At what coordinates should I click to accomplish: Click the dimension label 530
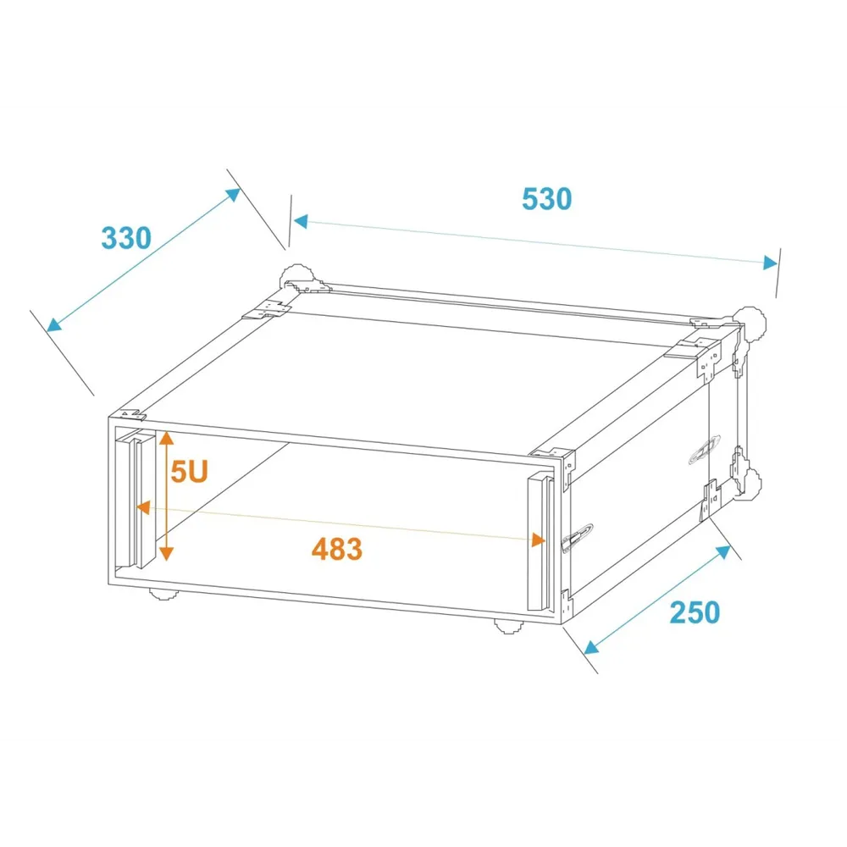pyautogui.click(x=546, y=199)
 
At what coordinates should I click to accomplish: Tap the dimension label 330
pyautogui.click(x=126, y=238)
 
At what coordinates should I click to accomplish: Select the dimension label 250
pyautogui.click(x=695, y=612)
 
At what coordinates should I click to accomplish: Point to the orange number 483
pyautogui.click(x=337, y=550)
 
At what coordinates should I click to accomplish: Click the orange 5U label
pyautogui.click(x=189, y=472)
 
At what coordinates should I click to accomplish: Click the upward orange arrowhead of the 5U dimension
pyautogui.click(x=166, y=438)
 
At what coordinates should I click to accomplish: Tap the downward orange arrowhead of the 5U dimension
pyautogui.click(x=166, y=553)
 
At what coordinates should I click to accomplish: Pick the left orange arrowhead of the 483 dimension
pyautogui.click(x=142, y=507)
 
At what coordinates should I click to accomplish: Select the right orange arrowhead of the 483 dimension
pyautogui.click(x=538, y=540)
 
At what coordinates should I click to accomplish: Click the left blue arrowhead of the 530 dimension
pyautogui.click(x=301, y=221)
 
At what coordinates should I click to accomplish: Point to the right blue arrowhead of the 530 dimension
pyautogui.click(x=770, y=263)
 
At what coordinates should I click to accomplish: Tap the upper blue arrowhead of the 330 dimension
pyautogui.click(x=233, y=195)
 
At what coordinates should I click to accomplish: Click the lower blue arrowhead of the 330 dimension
pyautogui.click(x=54, y=324)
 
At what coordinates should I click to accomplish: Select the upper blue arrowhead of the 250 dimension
pyautogui.click(x=722, y=552)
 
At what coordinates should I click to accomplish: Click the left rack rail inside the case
pyautogui.click(x=136, y=499)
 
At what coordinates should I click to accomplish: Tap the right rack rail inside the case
pyautogui.click(x=540, y=543)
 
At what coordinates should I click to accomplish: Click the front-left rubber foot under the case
pyautogui.click(x=164, y=595)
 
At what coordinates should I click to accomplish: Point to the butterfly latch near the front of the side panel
pyautogui.click(x=577, y=538)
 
